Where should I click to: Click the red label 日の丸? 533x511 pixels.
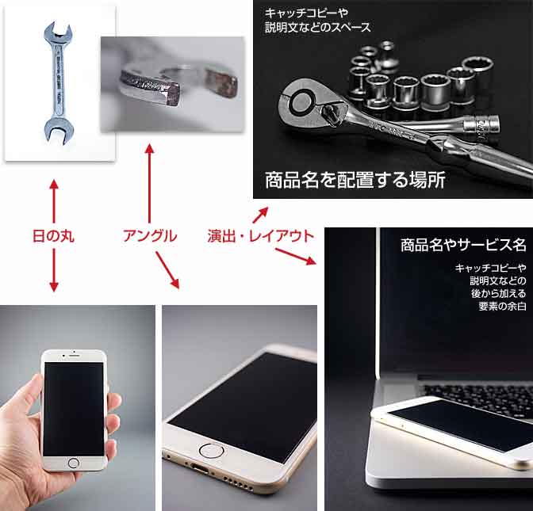pyautogui.click(x=53, y=236)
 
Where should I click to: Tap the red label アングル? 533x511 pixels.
pyautogui.click(x=150, y=236)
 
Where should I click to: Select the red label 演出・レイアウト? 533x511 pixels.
pyautogui.click(x=261, y=236)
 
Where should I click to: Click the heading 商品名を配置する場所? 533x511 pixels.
pyautogui.click(x=355, y=180)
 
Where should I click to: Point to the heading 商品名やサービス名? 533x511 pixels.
pyautogui.click(x=463, y=245)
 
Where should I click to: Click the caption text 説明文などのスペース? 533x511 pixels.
pyautogui.click(x=318, y=27)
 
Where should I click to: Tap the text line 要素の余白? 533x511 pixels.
pyautogui.click(x=502, y=306)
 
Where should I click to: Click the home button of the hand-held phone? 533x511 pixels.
pyautogui.click(x=73, y=463)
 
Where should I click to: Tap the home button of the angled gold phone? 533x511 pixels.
pyautogui.click(x=211, y=451)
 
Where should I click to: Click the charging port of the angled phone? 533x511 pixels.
pyautogui.click(x=199, y=467)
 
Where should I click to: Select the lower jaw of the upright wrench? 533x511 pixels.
pyautogui.click(x=59, y=131)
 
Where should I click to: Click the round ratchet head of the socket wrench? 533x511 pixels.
pyautogui.click(x=299, y=101)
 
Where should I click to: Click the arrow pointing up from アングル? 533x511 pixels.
pyautogui.click(x=149, y=183)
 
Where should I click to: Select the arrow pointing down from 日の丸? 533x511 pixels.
pyautogui.click(x=54, y=270)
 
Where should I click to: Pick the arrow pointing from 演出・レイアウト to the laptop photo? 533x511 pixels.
pyautogui.click(x=295, y=256)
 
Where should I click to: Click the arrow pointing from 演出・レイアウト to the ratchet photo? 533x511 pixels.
pyautogui.click(x=260, y=215)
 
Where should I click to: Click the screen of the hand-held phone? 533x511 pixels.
pyautogui.click(x=74, y=409)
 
